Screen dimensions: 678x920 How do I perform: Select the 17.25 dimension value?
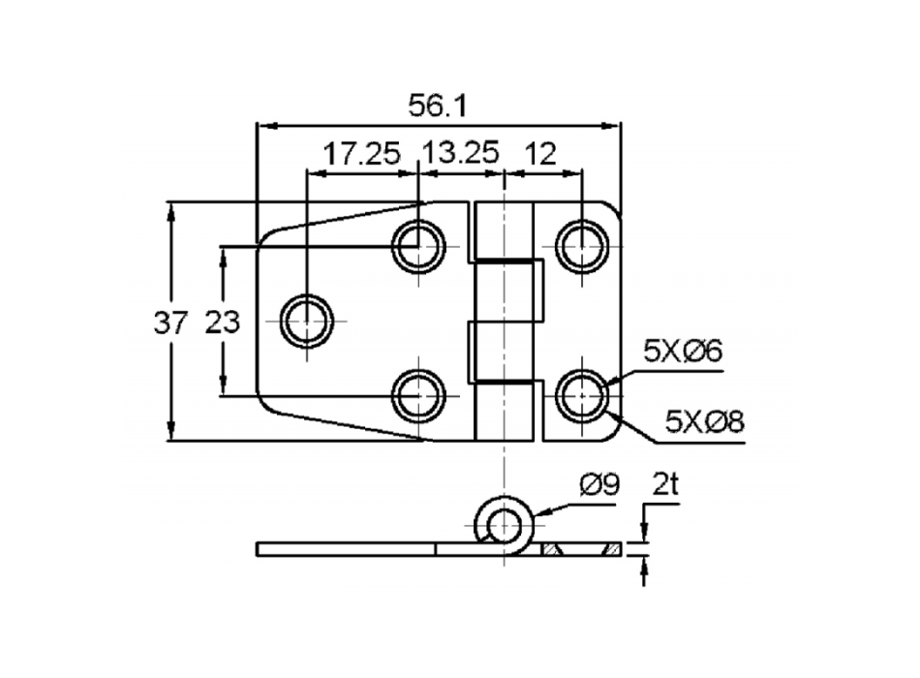click(360, 154)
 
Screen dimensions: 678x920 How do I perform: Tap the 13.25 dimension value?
click(462, 154)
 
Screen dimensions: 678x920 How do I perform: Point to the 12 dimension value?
click(543, 154)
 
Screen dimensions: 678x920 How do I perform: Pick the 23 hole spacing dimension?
click(222, 323)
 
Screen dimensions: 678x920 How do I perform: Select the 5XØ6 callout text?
click(684, 351)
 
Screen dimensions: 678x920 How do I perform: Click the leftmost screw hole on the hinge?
click(306, 321)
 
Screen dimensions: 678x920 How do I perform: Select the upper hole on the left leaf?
click(418, 246)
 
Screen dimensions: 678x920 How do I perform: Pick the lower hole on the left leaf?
click(418, 395)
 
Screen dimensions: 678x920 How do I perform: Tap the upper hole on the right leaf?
click(582, 246)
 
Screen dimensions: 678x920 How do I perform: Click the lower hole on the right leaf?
click(582, 395)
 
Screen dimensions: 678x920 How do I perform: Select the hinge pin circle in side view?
click(504, 525)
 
